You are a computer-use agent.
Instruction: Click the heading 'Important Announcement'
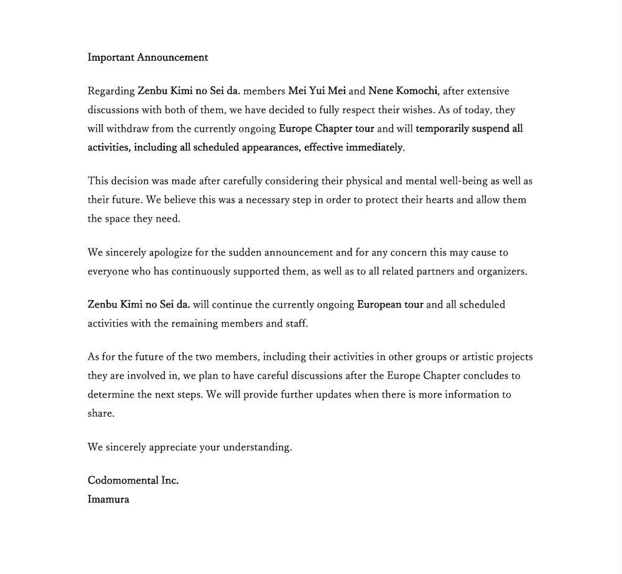[x=147, y=58]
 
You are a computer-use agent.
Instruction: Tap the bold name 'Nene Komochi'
[x=404, y=91]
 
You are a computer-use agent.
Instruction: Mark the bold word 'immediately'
[x=372, y=148]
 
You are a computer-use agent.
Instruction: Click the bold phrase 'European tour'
[x=390, y=305]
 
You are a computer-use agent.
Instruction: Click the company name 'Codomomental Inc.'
[x=133, y=481]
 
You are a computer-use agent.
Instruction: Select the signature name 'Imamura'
[x=108, y=499]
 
